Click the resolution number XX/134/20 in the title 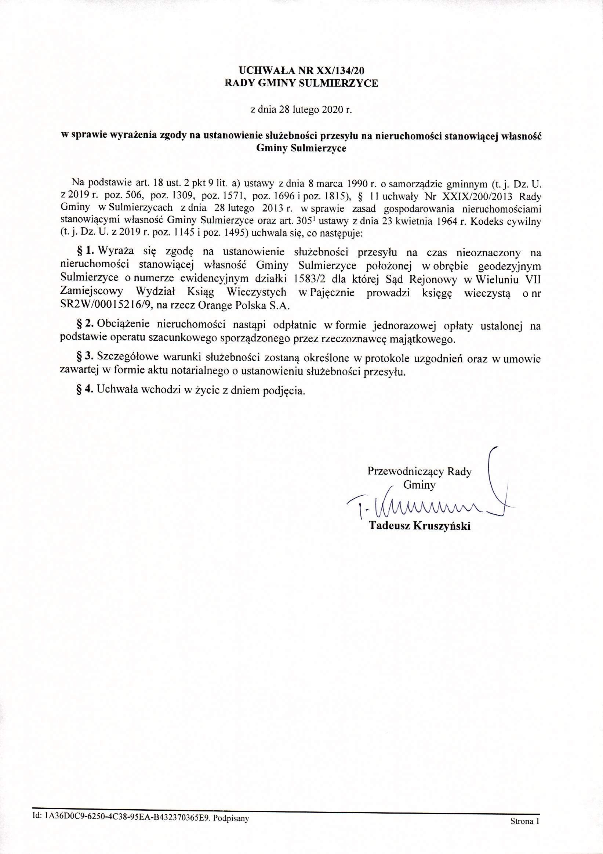tap(344, 69)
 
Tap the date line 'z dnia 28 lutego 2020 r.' tap(301, 110)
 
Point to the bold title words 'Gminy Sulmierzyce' tap(301, 148)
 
